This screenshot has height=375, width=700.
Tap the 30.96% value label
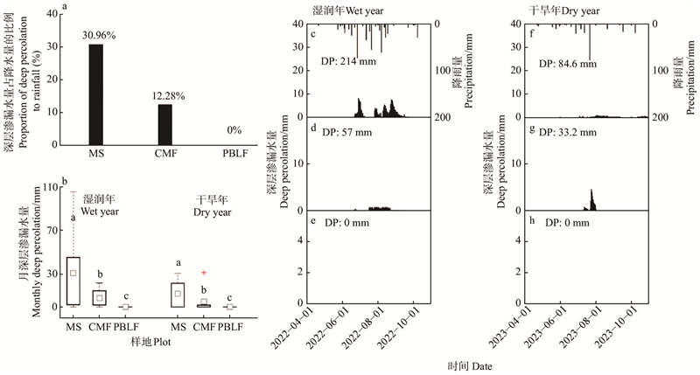click(x=95, y=35)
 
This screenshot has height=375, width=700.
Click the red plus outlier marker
click(x=203, y=273)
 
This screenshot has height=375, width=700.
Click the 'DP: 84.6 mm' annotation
click(x=567, y=63)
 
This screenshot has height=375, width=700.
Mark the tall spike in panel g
click(x=591, y=198)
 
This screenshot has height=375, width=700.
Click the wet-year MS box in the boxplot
click(x=73, y=281)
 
